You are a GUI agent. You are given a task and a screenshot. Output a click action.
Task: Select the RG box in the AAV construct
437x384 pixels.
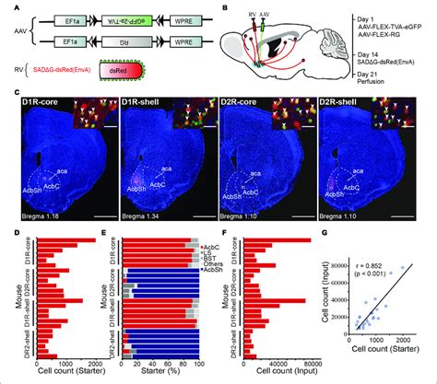tap(124, 48)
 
